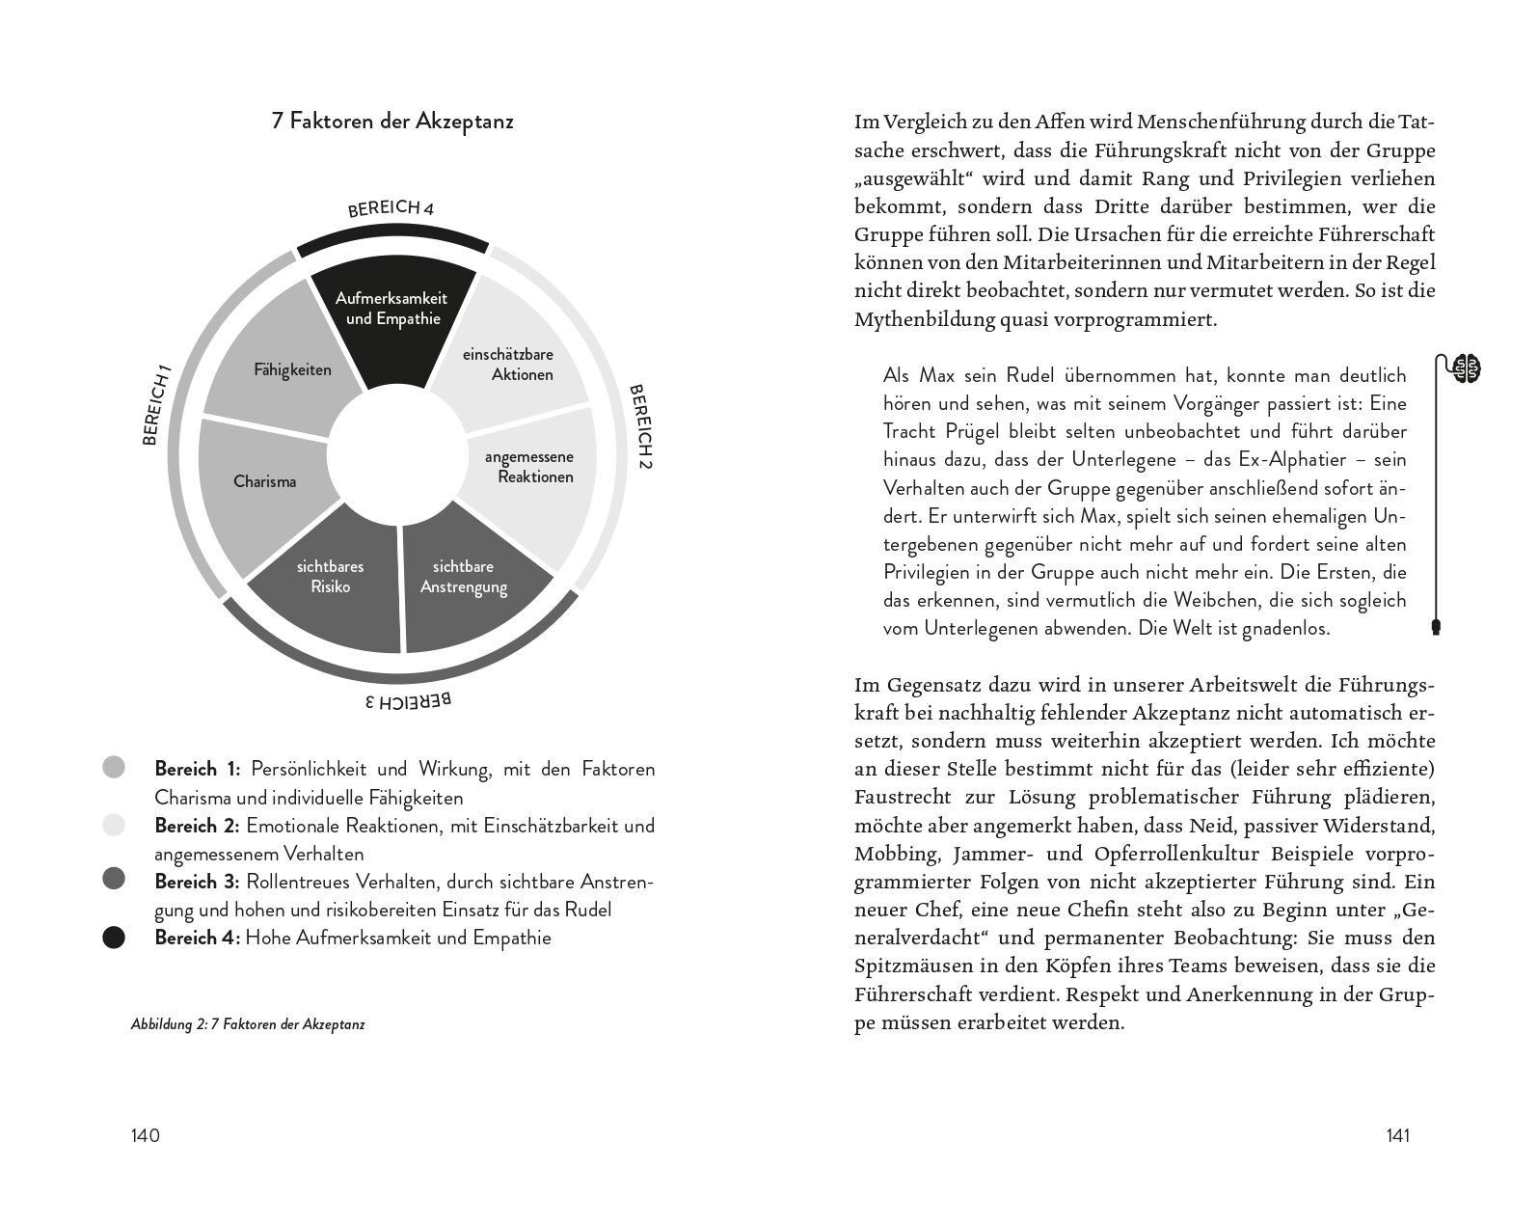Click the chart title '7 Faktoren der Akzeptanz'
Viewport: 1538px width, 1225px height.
(392, 122)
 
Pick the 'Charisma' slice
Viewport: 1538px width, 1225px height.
(265, 481)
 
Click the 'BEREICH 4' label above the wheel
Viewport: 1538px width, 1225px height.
(391, 209)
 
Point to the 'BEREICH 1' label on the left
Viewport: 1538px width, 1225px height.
(157, 404)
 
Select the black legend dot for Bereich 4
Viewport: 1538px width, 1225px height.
(114, 938)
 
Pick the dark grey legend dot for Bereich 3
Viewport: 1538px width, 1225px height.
(114, 879)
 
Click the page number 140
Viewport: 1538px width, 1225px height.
(145, 1135)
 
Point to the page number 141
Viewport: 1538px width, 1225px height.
(1397, 1135)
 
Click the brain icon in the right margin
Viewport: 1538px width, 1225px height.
(1468, 368)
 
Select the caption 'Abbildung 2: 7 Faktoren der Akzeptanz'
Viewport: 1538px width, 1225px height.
(248, 1025)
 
